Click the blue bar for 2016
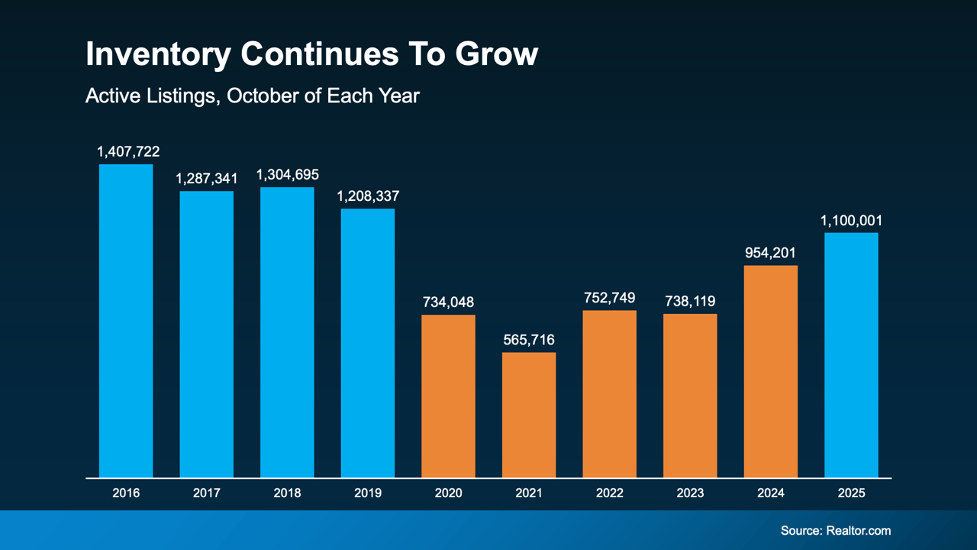126,321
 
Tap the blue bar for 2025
851,355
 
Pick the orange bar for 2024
770,371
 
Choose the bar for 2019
367,343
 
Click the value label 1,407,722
128,152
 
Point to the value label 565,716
529,340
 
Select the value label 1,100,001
851,221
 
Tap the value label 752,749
609,298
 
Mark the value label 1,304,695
287,175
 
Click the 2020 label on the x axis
448,493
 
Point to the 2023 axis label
690,493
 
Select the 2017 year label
206,493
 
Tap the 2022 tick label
609,493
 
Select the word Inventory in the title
157,55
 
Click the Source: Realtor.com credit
835,530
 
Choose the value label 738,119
690,301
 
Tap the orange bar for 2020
448,396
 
